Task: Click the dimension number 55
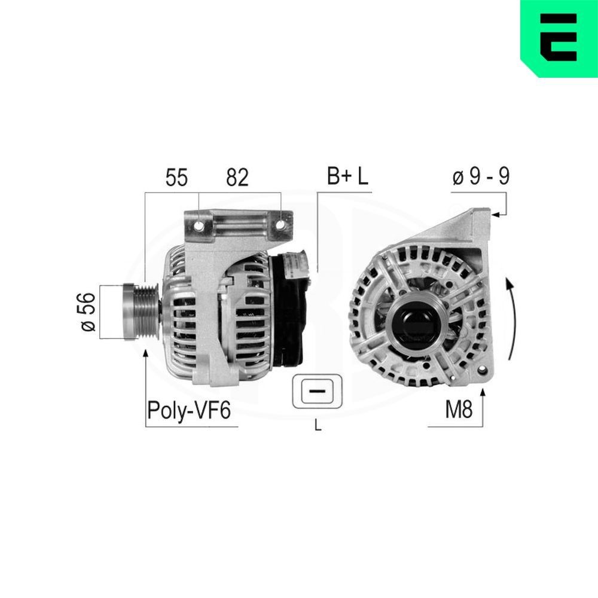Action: pos(177,178)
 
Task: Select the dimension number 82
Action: pos(237,178)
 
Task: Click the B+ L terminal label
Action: pos(347,176)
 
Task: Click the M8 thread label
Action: pos(459,410)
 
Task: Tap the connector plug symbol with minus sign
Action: pos(317,392)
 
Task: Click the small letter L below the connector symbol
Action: pos(318,426)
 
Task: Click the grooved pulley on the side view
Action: pos(141,312)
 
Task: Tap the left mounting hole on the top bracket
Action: pos(198,226)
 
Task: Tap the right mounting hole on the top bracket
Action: pos(280,225)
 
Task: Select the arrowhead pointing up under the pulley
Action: pos(145,354)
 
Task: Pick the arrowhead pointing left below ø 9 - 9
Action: pos(495,213)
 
